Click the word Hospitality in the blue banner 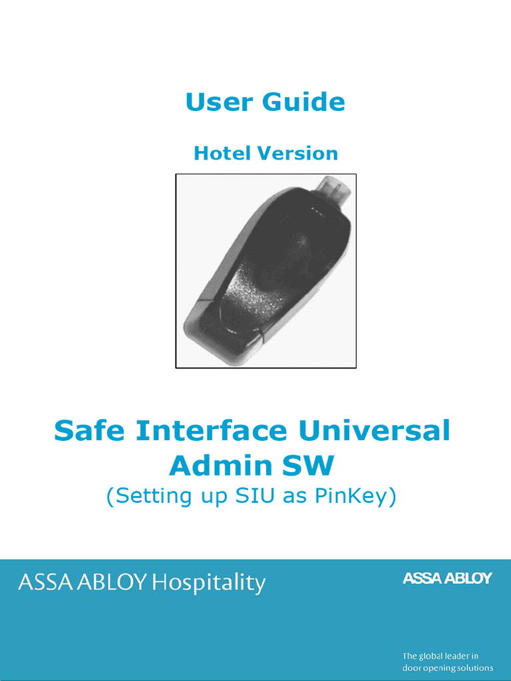[208, 583]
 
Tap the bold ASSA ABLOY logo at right [447, 579]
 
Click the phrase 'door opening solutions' [448, 668]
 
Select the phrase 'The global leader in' [440, 656]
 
